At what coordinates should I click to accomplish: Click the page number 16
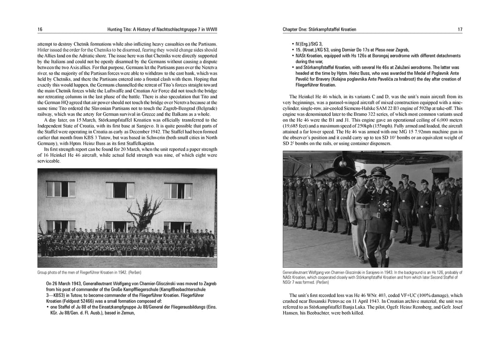tap(40, 29)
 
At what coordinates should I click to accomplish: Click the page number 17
tap(460, 29)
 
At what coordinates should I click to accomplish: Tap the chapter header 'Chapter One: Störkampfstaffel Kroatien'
tap(319, 29)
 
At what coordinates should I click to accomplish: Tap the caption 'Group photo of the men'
tap(63, 272)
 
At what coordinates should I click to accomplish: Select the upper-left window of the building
tap(61, 189)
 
